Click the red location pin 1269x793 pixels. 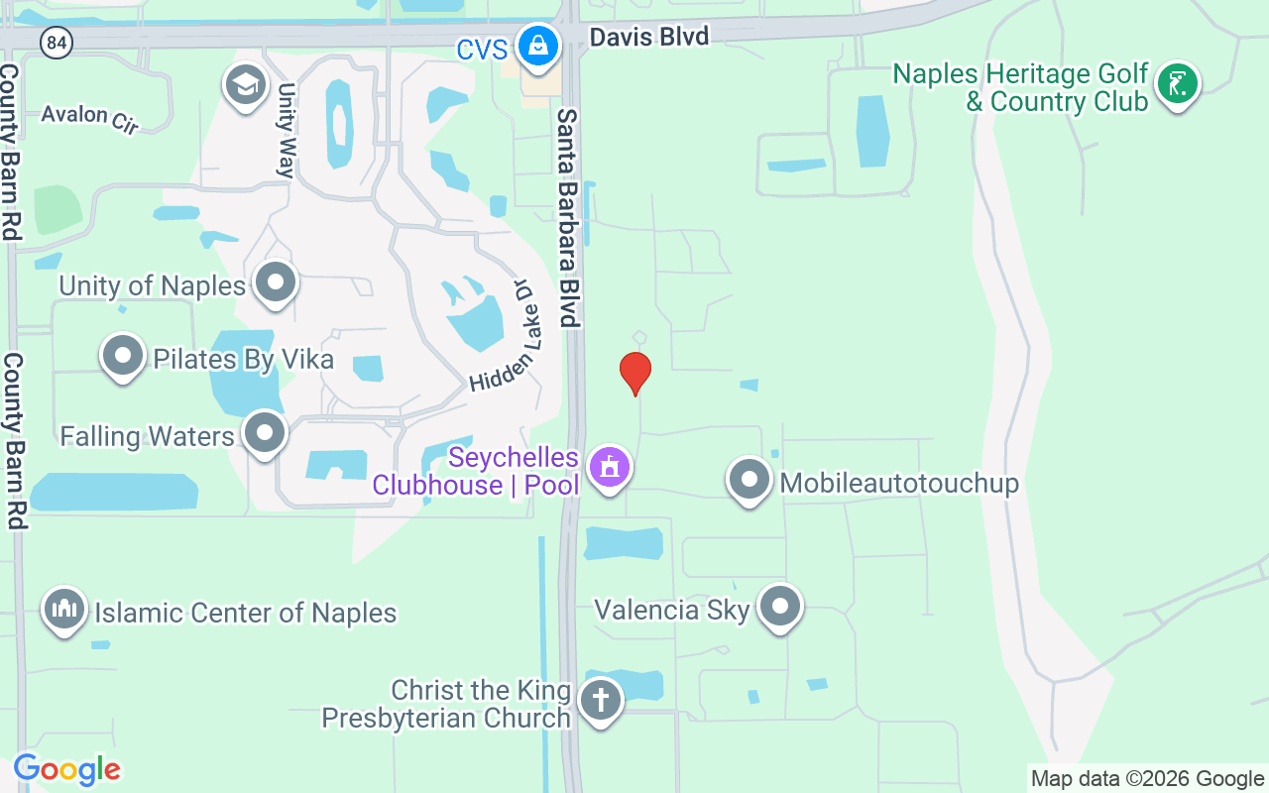635,373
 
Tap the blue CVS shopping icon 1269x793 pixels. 537,46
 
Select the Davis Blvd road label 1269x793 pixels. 648,38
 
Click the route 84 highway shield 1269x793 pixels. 58,43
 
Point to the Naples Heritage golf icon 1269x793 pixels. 1177,84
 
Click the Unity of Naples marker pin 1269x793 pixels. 276,283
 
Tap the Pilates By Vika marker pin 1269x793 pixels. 123,356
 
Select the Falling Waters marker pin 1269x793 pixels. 265,433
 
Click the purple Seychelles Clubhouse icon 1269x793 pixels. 609,467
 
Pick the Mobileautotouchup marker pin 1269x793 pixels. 750,481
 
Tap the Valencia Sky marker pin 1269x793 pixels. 780,607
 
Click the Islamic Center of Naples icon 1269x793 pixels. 64,609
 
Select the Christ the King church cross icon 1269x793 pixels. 600,701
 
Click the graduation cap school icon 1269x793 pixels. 245,85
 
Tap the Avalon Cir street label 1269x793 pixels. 89,118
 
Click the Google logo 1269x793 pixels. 66,769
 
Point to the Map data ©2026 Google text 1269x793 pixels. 1147,779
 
